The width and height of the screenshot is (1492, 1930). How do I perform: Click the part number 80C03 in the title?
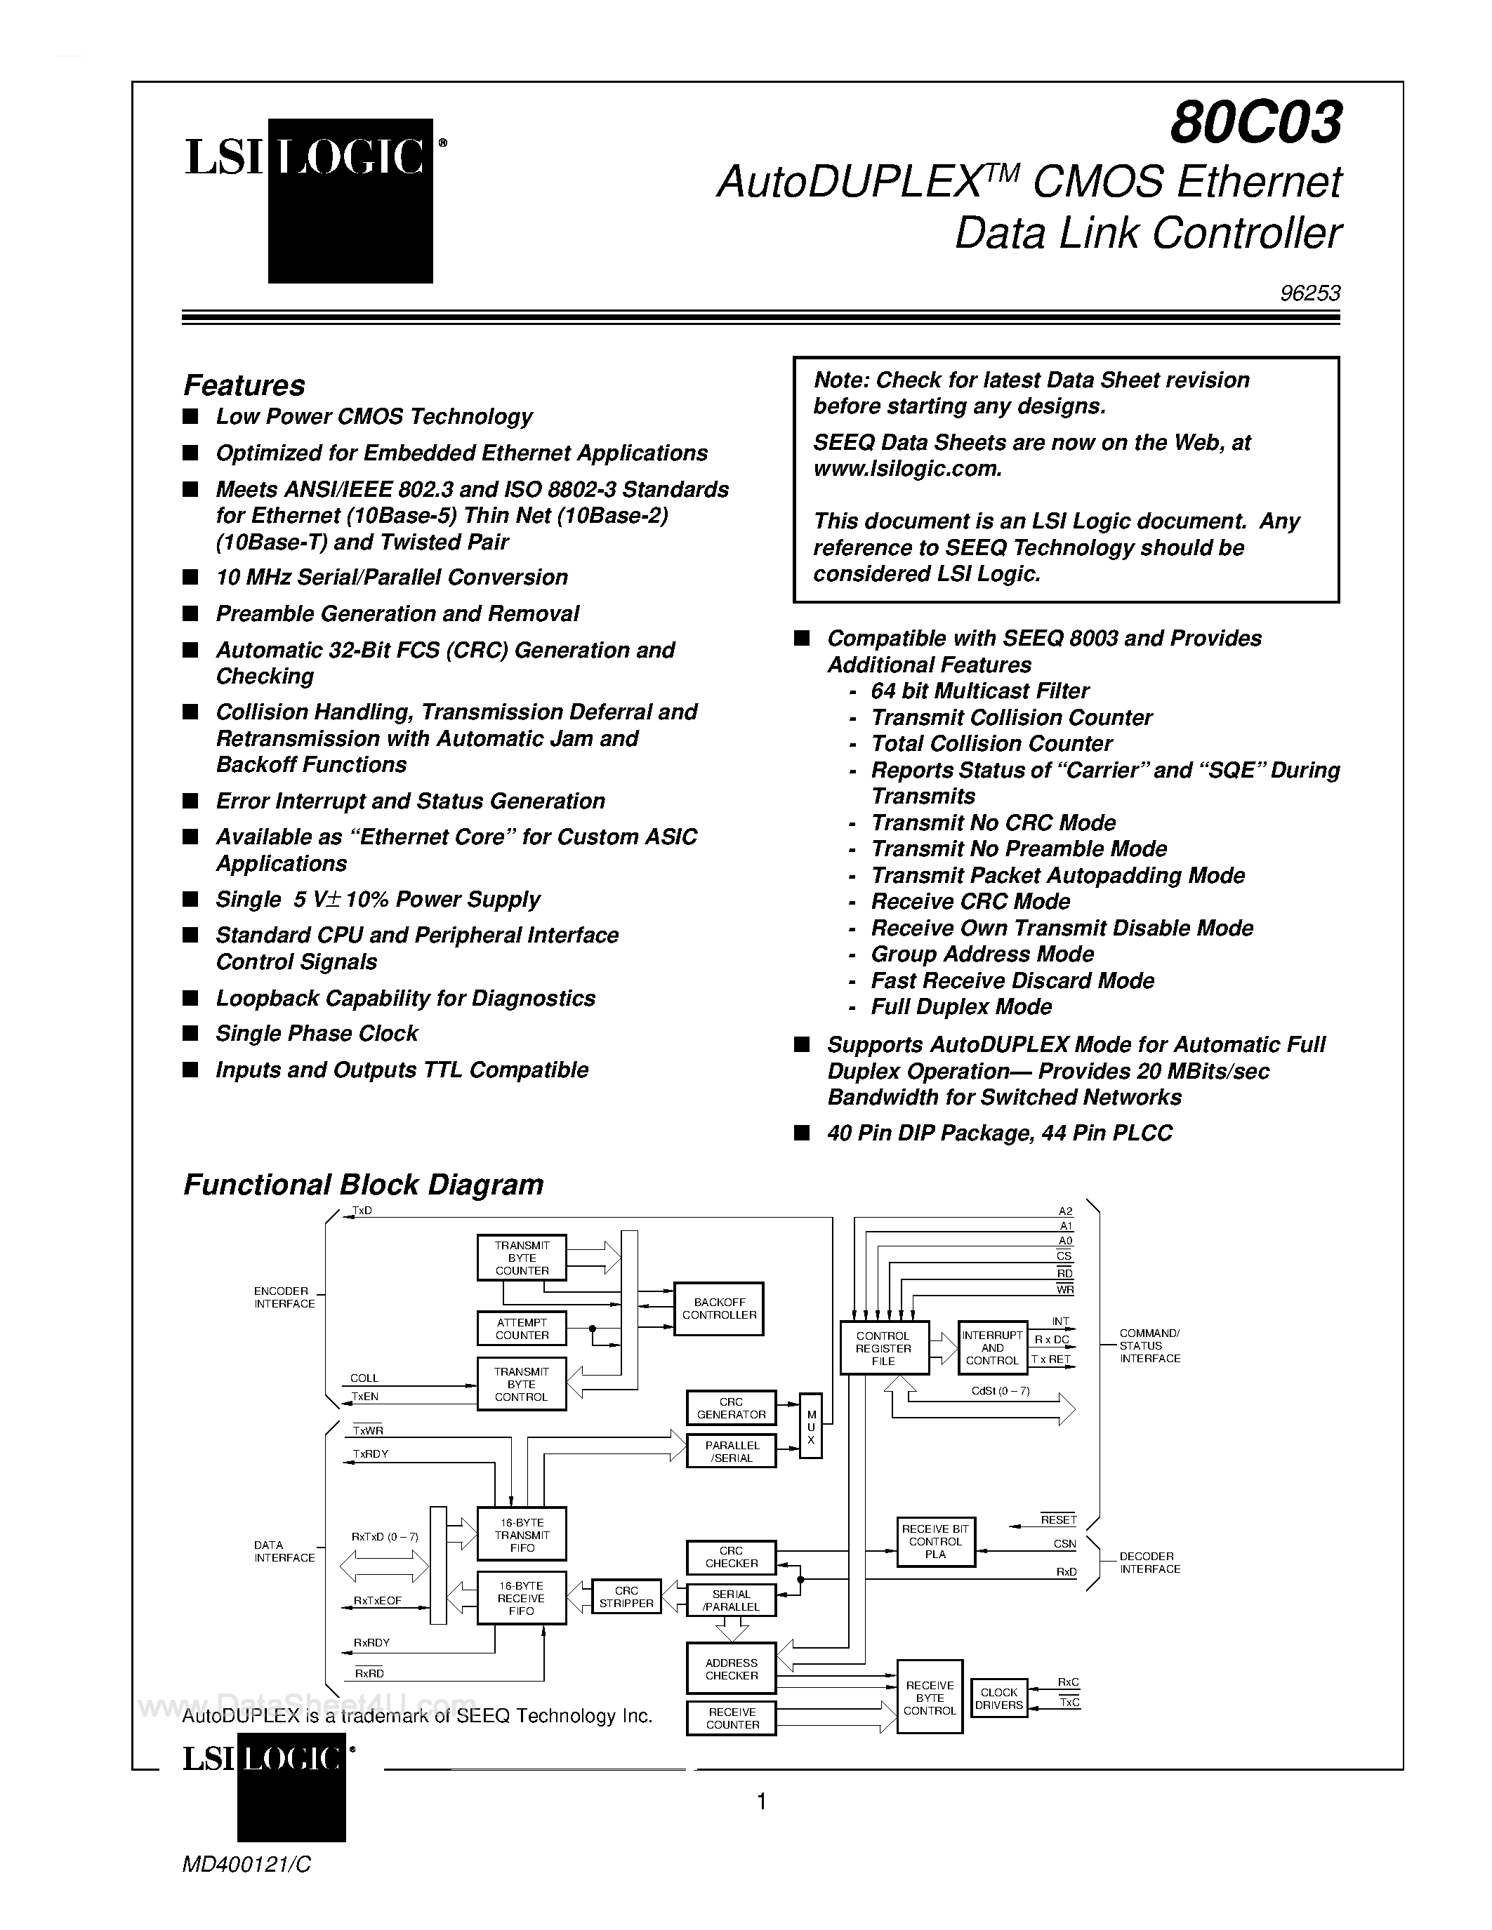(1256, 122)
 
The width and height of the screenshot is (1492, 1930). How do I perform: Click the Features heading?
(244, 385)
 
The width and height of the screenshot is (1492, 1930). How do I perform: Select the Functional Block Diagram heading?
(363, 1184)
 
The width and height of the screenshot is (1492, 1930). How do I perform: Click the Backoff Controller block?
(718, 1309)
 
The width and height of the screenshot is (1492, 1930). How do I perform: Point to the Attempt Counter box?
(522, 1329)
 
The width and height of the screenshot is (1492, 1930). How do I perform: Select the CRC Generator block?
(731, 1408)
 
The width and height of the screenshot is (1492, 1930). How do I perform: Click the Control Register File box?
(883, 1348)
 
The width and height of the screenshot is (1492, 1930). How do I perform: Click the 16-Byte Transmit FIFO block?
(522, 1535)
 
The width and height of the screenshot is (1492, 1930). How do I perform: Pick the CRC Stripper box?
(626, 1597)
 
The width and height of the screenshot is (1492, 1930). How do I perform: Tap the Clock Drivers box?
(999, 1698)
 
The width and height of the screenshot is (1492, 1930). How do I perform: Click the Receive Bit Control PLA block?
(935, 1541)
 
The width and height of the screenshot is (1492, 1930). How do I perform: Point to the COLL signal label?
(364, 1378)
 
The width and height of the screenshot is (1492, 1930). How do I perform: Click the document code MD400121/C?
(246, 1865)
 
